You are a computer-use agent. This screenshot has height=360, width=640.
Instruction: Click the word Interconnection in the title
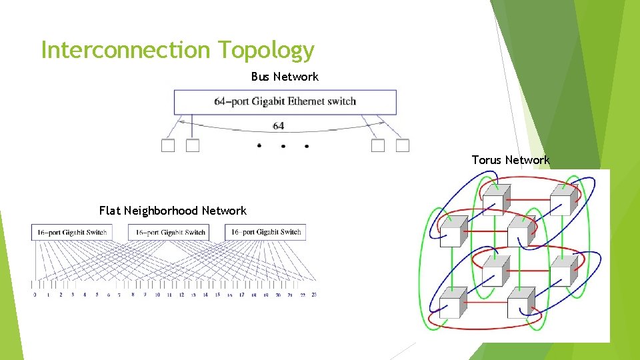(x=125, y=50)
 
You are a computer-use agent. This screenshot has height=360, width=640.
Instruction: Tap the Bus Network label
(x=285, y=77)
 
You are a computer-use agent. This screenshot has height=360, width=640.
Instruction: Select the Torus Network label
(x=511, y=160)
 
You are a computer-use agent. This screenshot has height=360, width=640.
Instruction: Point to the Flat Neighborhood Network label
(x=173, y=211)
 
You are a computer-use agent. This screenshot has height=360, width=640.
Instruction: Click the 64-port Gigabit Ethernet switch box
(x=285, y=102)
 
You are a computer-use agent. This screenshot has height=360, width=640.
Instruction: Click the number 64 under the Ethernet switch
(x=279, y=125)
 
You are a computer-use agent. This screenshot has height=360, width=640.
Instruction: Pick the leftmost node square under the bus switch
(x=168, y=145)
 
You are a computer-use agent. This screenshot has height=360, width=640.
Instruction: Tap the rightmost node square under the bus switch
(x=403, y=145)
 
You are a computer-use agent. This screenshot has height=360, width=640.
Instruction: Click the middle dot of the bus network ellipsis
(x=283, y=146)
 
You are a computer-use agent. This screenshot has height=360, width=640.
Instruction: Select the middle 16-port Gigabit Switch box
(x=170, y=232)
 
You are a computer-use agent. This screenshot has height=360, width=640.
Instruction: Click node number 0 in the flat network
(x=35, y=294)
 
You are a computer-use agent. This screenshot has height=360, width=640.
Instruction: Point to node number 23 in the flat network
(x=313, y=294)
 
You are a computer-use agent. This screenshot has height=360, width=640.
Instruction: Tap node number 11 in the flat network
(x=169, y=294)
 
